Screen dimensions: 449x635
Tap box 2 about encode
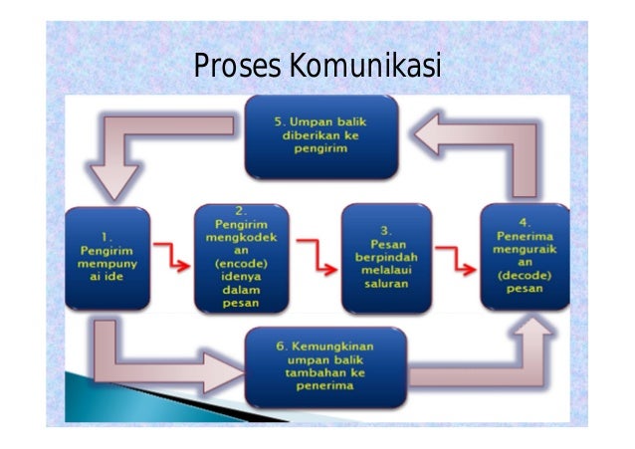click(241, 259)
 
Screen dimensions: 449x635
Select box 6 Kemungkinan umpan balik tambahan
click(325, 365)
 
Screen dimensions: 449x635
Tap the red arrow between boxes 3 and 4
click(456, 261)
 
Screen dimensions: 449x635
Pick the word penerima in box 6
click(325, 387)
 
